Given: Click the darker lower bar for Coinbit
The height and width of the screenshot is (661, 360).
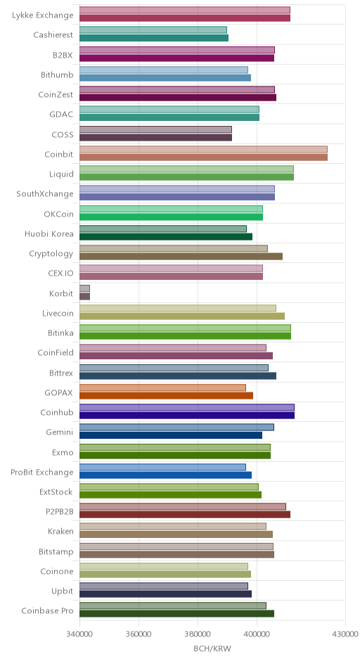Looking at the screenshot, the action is click(x=204, y=158).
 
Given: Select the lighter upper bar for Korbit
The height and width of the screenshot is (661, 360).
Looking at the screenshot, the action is click(x=85, y=288).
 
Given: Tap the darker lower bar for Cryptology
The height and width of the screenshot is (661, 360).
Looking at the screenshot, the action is click(x=181, y=256).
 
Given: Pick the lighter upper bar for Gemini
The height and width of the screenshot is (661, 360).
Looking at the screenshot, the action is click(x=176, y=427).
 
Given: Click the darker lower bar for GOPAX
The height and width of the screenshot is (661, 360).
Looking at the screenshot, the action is click(x=166, y=395).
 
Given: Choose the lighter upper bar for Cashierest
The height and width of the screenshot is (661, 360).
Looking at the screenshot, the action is click(x=153, y=30).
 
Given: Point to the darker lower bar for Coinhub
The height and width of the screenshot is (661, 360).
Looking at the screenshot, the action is click(x=187, y=415).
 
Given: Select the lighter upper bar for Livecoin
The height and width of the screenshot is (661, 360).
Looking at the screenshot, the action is click(x=178, y=308).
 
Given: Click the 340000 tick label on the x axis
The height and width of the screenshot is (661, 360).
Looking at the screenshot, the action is click(x=79, y=634).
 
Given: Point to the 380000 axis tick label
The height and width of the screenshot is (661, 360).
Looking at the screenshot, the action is click(x=198, y=634).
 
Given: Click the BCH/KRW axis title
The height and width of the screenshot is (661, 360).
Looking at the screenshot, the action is click(x=212, y=648).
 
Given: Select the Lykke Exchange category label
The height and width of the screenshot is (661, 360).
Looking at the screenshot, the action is click(x=43, y=15).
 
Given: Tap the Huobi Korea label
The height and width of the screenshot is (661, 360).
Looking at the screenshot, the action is click(x=49, y=233).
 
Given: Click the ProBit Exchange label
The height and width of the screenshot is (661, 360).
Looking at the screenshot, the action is click(x=42, y=472).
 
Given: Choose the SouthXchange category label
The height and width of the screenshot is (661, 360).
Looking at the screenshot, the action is click(x=45, y=194).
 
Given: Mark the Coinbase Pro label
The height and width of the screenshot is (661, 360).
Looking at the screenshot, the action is click(x=47, y=611).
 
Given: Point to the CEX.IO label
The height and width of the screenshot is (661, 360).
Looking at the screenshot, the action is click(x=60, y=273).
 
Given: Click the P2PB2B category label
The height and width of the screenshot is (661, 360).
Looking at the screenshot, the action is click(x=60, y=512).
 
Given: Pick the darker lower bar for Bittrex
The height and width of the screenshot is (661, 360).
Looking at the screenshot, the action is click(x=178, y=376).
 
